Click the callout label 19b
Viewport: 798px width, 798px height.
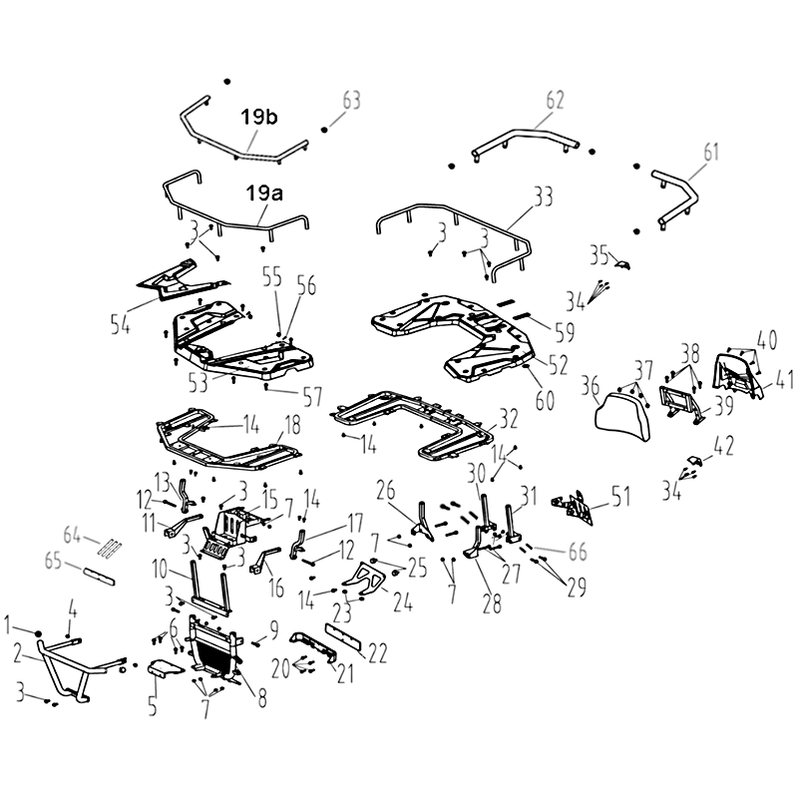tap(259, 117)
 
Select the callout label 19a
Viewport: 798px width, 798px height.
tap(264, 194)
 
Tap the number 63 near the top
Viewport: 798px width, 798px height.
tap(351, 101)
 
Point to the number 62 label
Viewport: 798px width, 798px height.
tap(555, 100)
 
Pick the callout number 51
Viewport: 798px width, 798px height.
tap(620, 497)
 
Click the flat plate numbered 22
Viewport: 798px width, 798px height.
tap(343, 636)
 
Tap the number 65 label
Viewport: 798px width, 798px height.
tap(53, 561)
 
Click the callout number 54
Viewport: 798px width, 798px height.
tap(120, 323)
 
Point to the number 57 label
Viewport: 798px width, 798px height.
tap(312, 397)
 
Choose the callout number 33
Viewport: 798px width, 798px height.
tap(543, 196)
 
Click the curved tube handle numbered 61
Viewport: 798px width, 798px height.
tap(676, 199)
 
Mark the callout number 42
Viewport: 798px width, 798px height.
tap(724, 446)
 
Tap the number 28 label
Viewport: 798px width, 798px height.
tap(492, 603)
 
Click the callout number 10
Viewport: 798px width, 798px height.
tap(160, 569)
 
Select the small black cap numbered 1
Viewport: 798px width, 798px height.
tap(38, 633)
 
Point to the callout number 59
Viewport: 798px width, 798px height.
tap(565, 332)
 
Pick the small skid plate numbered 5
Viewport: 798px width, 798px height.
tap(164, 667)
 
